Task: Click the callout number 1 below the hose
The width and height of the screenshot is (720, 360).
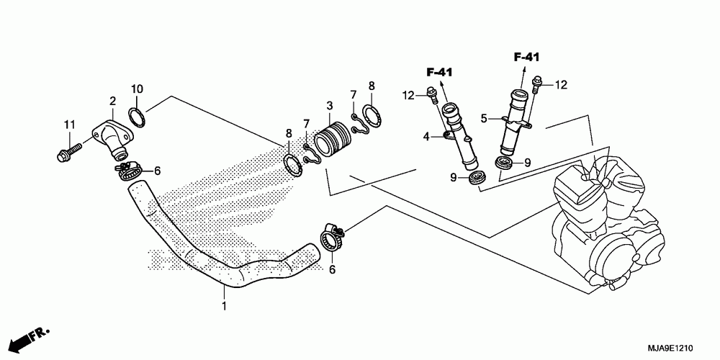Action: [223, 307]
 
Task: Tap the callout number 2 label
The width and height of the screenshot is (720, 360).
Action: [113, 101]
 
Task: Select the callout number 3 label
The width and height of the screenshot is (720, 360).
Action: [329, 105]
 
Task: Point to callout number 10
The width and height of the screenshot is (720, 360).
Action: [137, 89]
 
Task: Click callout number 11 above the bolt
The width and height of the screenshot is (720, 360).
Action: [69, 125]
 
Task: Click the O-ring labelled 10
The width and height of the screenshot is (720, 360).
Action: [137, 115]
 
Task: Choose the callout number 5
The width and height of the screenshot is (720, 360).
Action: [485, 117]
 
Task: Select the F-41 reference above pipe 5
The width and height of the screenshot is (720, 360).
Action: [528, 56]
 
